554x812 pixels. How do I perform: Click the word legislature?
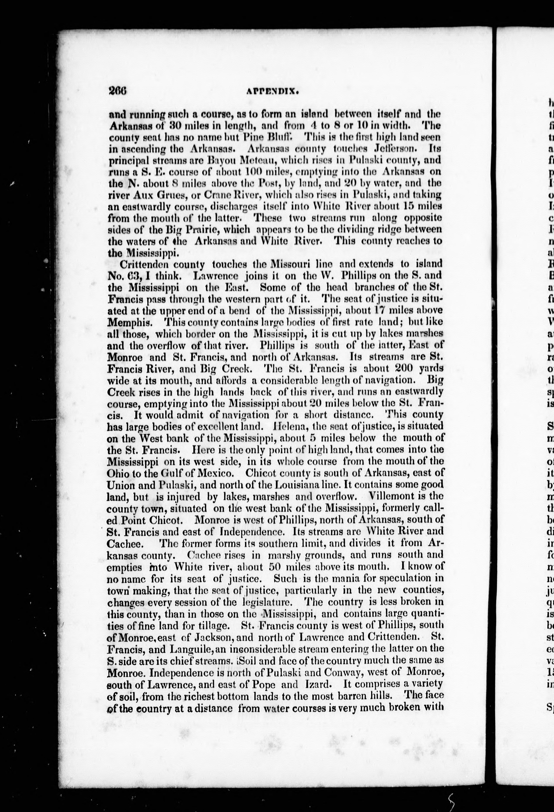point(268,603)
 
